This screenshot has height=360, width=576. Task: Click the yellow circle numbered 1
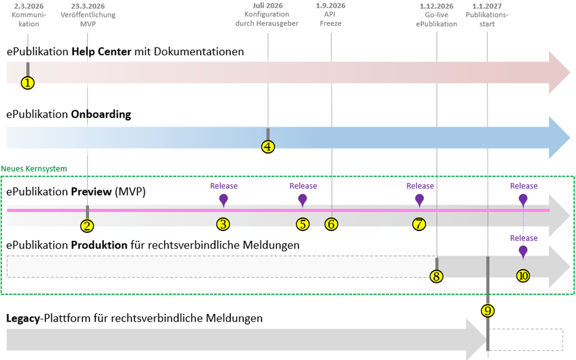[x=28, y=83]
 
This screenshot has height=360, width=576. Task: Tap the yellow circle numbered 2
[x=87, y=224]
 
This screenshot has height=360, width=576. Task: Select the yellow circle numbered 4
[x=268, y=147]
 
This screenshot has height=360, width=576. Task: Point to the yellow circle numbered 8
[x=436, y=276]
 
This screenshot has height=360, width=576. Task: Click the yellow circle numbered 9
[x=488, y=310]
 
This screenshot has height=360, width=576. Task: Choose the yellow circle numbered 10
[x=523, y=276]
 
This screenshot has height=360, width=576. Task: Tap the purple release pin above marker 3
[x=223, y=200]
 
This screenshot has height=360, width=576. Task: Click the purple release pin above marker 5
[x=302, y=200]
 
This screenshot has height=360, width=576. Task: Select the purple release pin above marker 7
[x=420, y=200]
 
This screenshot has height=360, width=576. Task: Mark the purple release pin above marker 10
[x=523, y=252]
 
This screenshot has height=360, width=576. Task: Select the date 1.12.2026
[x=436, y=6]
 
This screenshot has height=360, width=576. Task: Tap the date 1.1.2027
[x=487, y=6]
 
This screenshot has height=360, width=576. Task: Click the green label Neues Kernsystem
[x=34, y=169]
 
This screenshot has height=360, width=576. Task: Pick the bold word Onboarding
[x=101, y=114]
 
